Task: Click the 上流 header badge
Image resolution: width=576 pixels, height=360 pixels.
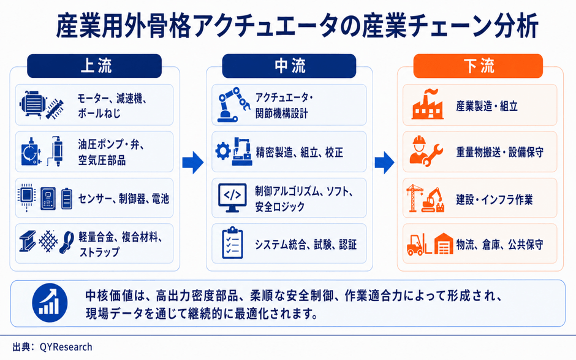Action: [x=94, y=66]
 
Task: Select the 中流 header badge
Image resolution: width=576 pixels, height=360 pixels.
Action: [x=289, y=66]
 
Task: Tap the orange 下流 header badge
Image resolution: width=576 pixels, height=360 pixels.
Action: [x=478, y=66]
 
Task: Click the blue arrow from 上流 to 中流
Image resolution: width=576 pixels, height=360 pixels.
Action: [x=193, y=162]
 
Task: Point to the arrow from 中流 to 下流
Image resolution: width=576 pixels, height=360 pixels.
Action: [x=385, y=162]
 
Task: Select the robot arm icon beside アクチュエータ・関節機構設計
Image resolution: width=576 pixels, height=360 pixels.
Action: [x=233, y=104]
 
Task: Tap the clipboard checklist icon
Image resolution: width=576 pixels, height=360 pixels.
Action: [x=232, y=243]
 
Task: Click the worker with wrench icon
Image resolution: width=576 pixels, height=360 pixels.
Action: [x=426, y=151]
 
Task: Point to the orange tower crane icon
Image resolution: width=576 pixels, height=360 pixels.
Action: [x=414, y=198]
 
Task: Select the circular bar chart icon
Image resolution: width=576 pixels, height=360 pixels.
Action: [x=50, y=302]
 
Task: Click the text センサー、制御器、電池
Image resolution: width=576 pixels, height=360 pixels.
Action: [x=123, y=199]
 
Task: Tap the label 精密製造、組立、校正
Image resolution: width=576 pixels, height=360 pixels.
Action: [x=300, y=152]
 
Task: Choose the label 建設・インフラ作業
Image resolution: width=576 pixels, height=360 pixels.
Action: [x=494, y=200]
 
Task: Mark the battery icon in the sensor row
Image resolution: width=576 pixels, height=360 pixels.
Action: [x=67, y=198]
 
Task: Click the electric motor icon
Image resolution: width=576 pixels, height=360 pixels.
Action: [x=33, y=104]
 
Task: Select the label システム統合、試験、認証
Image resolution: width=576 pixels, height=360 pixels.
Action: [x=306, y=245]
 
